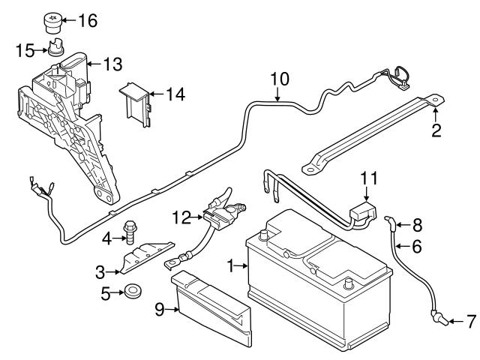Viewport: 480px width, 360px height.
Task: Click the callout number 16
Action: (x=88, y=20)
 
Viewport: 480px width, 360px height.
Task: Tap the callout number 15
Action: (x=25, y=50)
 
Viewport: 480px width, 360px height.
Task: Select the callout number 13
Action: (x=112, y=65)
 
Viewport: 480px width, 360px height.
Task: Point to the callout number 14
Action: (x=175, y=94)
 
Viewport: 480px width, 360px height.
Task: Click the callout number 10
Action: (x=279, y=77)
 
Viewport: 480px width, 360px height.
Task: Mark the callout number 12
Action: (x=181, y=217)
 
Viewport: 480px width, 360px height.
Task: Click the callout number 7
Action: (x=470, y=322)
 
